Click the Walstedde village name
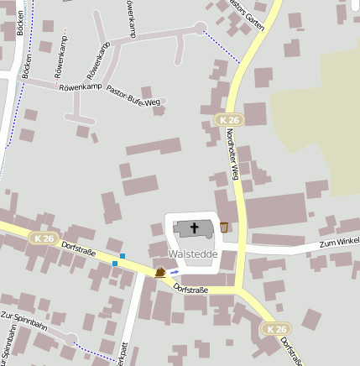coord(193,253)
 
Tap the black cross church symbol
coord(195,227)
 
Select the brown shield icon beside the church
coord(224,227)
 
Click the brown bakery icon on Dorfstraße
coord(160,272)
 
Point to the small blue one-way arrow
coord(175,271)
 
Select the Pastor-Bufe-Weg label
coord(133,97)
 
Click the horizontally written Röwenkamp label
coord(81,86)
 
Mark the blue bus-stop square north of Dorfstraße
coord(123,255)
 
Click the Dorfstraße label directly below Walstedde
coord(190,290)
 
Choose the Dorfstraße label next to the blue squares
coord(80,251)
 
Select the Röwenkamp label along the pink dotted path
coord(62,55)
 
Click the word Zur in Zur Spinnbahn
coord(8,316)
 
